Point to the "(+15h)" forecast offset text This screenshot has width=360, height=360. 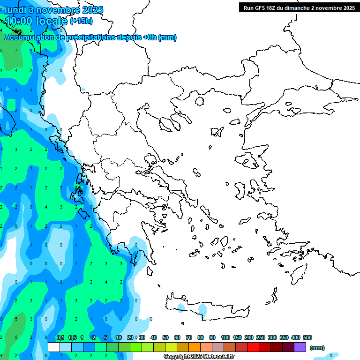pos(81,21)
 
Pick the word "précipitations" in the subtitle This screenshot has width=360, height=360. pos(91,37)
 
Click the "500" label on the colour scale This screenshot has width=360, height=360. pos(307,337)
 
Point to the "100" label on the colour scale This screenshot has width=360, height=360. pos(225,337)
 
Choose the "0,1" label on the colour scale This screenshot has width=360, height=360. pos(60,337)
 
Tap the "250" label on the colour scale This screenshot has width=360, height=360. pos(261,337)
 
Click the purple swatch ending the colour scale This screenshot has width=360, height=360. pos(300,347)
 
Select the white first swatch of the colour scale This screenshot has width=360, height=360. pos(54,347)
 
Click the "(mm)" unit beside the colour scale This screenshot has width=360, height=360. pos(317,348)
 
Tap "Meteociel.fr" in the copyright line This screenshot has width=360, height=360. pos(218,357)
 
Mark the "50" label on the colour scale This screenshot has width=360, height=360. pos(165,337)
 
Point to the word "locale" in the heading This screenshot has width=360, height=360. pos(52,21)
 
